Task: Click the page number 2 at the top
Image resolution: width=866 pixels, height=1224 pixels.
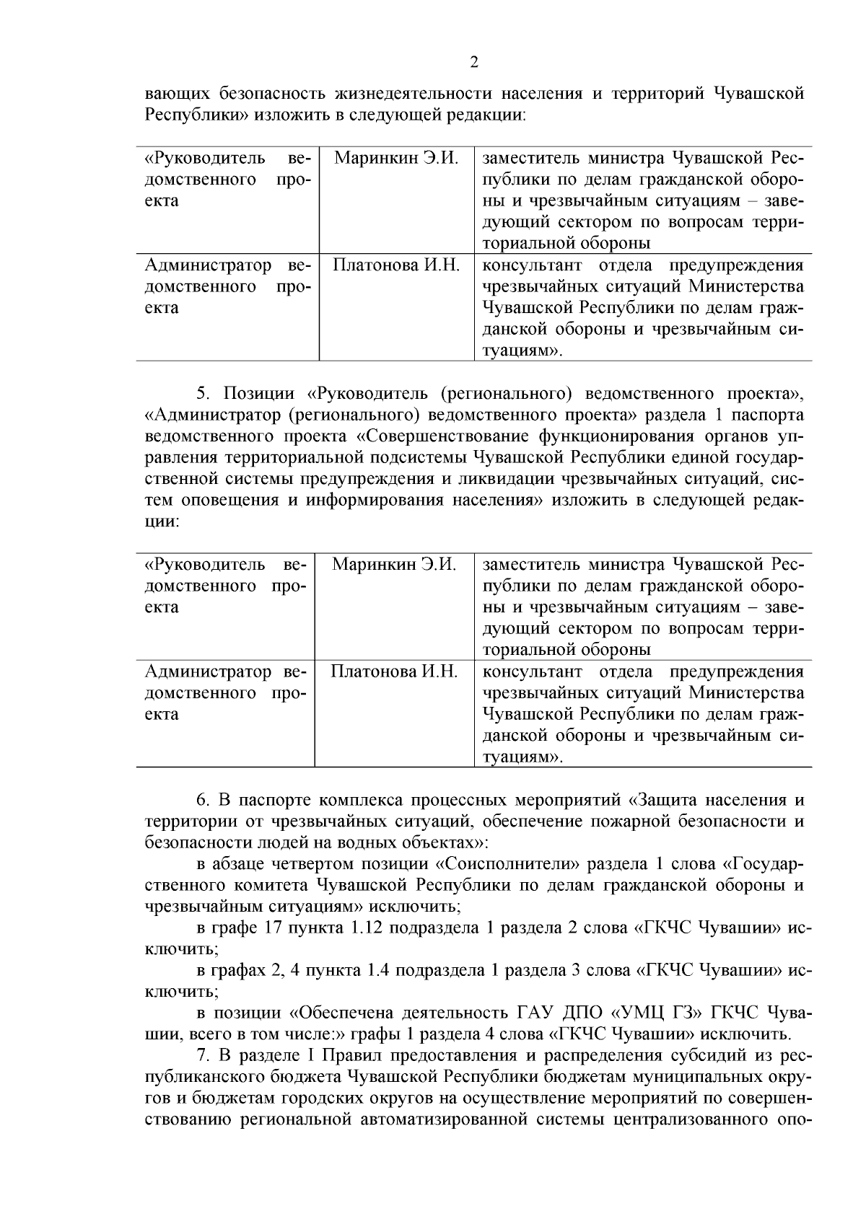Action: click(x=473, y=63)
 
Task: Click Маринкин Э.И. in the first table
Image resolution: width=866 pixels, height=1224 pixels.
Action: click(x=396, y=158)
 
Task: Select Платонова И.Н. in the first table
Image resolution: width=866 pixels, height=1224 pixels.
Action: click(x=396, y=265)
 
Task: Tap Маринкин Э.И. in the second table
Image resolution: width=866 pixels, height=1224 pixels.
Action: click(x=394, y=564)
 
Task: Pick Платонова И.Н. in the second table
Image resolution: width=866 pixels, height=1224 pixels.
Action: click(x=394, y=672)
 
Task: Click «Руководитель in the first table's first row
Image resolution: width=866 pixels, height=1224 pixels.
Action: click(x=196, y=158)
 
